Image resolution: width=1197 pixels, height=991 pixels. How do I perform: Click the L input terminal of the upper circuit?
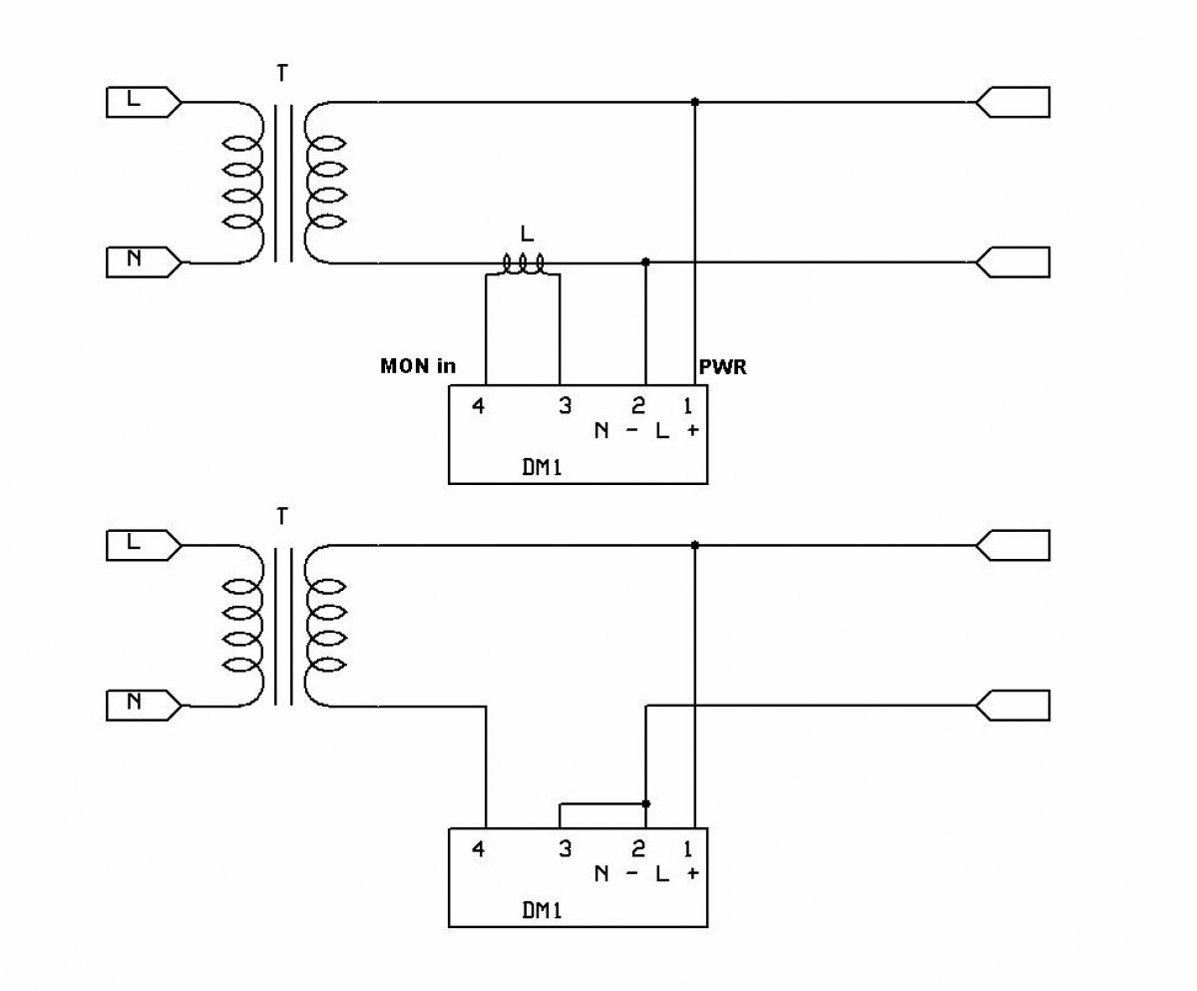(144, 102)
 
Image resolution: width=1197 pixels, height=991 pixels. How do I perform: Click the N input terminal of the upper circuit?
(144, 262)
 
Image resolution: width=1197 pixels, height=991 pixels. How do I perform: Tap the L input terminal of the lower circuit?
(144, 545)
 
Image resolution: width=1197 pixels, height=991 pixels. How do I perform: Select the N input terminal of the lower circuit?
(144, 706)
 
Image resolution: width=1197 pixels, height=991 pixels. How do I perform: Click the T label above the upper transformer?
(282, 74)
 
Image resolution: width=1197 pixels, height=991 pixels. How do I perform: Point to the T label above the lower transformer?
(282, 517)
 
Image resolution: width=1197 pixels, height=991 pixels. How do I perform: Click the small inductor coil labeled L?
(524, 264)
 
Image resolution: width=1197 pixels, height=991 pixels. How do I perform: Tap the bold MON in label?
(418, 366)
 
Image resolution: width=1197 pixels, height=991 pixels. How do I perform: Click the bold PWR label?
(723, 366)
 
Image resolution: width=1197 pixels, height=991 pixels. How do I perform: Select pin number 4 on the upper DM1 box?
(478, 406)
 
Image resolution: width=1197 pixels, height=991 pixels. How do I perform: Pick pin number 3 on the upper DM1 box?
(566, 406)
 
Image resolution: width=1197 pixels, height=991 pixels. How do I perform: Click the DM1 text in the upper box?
(542, 468)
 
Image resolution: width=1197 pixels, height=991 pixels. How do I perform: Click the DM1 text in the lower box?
(542, 911)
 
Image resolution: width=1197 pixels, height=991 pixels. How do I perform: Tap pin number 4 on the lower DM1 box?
(478, 848)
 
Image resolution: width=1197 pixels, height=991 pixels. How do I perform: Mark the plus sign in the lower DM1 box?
(693, 873)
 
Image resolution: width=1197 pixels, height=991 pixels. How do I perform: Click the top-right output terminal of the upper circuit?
(1012, 102)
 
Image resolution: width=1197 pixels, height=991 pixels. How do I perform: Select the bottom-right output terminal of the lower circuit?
(1012, 706)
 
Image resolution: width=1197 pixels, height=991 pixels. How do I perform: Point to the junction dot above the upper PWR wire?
(695, 102)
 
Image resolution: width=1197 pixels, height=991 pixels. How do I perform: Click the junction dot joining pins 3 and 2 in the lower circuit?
(646, 804)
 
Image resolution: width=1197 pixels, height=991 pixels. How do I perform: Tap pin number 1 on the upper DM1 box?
(688, 406)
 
